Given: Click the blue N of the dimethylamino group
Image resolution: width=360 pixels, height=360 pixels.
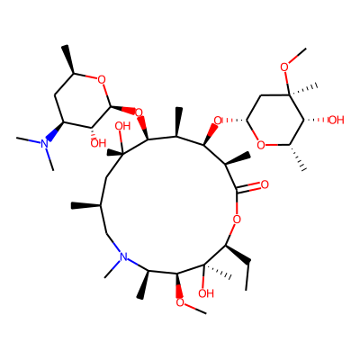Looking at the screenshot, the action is click(45, 143).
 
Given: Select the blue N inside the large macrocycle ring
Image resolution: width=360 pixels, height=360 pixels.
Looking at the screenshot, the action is click(123, 257).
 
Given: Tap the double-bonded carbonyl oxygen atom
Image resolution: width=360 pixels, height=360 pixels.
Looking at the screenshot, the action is click(265, 184).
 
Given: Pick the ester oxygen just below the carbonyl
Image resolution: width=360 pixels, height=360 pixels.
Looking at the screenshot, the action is click(237, 220).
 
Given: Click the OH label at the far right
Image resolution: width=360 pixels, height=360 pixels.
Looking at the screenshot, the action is click(336, 121).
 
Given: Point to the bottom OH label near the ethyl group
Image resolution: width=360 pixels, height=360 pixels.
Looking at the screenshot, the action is click(206, 293).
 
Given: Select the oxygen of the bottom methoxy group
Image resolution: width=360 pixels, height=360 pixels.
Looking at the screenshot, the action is click(180, 302).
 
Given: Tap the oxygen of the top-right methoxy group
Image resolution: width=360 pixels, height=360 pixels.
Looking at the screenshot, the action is click(285, 67).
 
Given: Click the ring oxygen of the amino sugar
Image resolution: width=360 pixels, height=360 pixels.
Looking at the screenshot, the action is click(102, 80).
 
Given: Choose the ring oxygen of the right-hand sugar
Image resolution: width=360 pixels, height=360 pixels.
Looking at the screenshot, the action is click(262, 146).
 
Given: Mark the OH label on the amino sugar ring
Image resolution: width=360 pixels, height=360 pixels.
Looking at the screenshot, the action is click(98, 143).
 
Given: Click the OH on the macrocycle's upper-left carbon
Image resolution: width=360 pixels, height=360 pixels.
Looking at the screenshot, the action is click(122, 126).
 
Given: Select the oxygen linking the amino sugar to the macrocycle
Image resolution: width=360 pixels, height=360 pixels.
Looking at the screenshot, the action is click(139, 113).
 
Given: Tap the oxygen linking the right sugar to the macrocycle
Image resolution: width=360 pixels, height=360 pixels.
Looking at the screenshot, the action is click(218, 121).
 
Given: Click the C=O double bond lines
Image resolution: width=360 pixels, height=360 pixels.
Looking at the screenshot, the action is click(248, 187).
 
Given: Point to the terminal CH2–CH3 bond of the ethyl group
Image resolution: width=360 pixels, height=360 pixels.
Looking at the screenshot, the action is click(247, 277).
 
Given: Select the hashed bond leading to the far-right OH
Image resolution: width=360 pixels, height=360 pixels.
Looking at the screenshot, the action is click(315, 121).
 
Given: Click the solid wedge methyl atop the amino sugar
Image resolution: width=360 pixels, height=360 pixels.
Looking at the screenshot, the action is click(69, 59).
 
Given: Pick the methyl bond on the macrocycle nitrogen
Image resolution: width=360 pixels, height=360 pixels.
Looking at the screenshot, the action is click(112, 269).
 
